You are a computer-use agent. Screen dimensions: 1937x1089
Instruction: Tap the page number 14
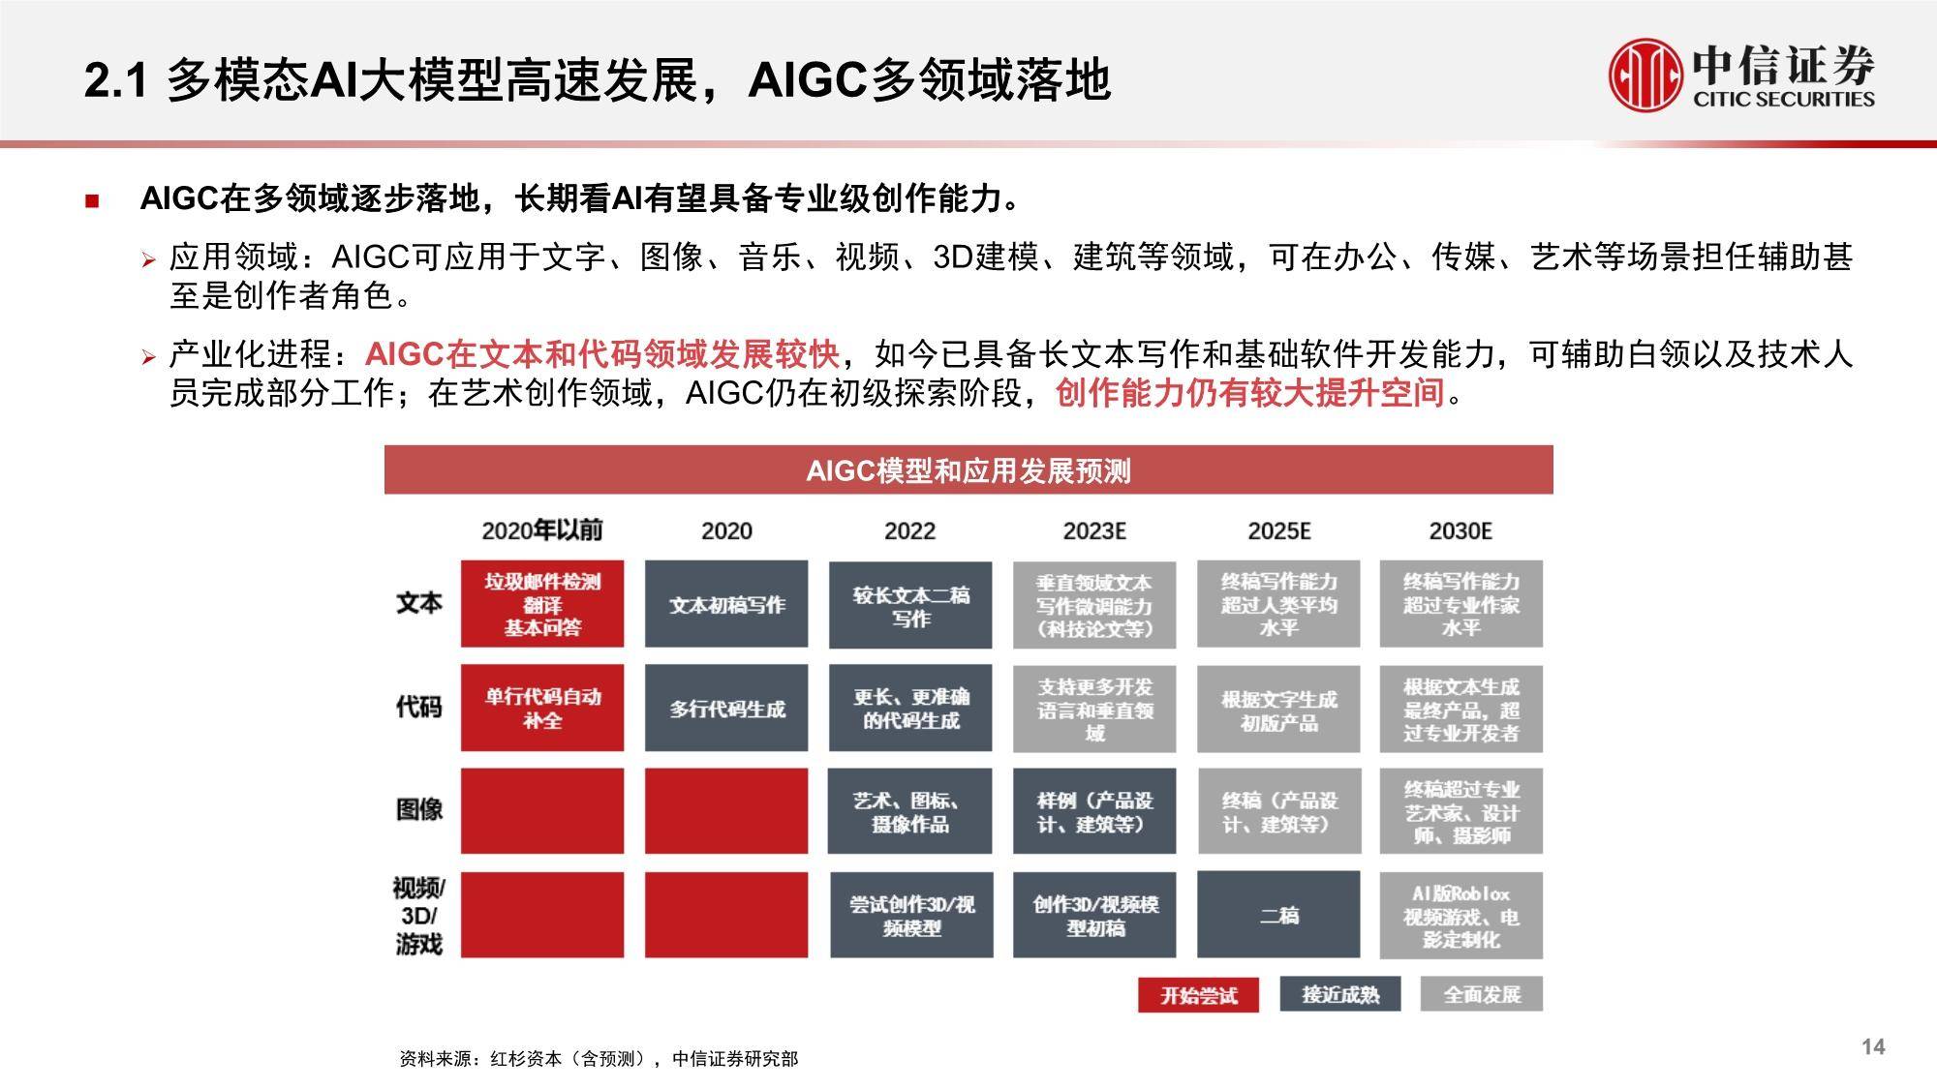point(1873,1046)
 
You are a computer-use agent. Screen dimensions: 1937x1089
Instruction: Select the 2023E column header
point(1094,530)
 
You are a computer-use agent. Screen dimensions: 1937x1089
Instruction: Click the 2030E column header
point(1460,530)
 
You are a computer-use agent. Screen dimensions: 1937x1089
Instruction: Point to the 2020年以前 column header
point(542,529)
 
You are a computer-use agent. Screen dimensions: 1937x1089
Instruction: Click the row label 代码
point(418,707)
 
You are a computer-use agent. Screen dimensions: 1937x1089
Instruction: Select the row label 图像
point(418,809)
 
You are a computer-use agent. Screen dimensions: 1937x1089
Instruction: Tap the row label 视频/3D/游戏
point(418,915)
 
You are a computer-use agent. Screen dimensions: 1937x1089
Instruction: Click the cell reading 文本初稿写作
point(726,604)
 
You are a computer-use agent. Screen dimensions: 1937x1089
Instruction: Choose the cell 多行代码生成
point(726,709)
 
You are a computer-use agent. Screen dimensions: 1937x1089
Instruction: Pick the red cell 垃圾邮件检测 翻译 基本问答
point(542,604)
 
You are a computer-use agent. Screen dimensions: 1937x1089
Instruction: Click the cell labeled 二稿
point(1278,915)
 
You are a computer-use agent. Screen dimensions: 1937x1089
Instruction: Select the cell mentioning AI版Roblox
point(1461,916)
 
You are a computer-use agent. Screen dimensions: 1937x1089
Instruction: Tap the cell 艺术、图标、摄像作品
point(910,811)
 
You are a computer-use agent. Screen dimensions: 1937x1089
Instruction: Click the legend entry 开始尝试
point(1199,995)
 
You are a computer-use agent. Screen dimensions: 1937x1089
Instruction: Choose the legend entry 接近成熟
point(1340,994)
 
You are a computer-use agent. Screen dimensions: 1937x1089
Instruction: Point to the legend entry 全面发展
point(1482,994)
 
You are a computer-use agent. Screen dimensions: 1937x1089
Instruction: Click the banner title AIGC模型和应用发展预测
point(968,470)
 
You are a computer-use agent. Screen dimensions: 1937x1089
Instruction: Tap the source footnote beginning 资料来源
point(599,1059)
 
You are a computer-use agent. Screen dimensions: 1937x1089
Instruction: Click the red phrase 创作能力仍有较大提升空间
point(1249,393)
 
